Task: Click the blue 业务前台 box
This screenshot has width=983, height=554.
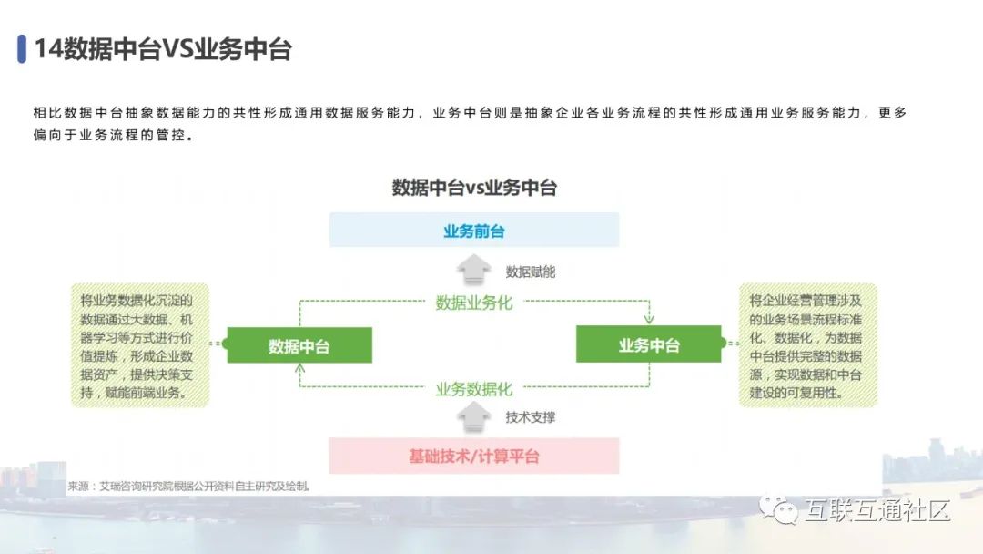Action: pos(473,231)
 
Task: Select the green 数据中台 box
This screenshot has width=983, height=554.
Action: pos(299,345)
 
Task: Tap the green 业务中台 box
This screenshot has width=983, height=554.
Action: pos(649,345)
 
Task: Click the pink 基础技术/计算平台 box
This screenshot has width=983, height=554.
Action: pos(473,456)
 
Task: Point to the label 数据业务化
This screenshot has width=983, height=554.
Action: pos(473,303)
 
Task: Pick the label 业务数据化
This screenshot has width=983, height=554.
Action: pos(473,389)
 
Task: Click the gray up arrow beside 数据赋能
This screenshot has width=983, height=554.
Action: pos(473,270)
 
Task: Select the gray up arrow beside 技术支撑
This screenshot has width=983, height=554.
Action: pos(473,417)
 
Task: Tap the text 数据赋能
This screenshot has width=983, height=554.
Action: pos(530,272)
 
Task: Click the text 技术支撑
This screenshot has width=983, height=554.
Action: pos(530,417)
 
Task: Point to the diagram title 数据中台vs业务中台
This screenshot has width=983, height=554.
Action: pos(473,188)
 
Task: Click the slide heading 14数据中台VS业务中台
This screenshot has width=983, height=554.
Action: pos(163,49)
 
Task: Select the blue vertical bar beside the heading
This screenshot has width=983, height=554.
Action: pos(21,49)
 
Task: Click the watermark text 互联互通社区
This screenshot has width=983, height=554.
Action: pos(877,509)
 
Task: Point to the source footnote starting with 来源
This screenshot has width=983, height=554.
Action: pos(188,487)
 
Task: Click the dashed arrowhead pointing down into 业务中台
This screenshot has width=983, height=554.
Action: pos(649,320)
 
